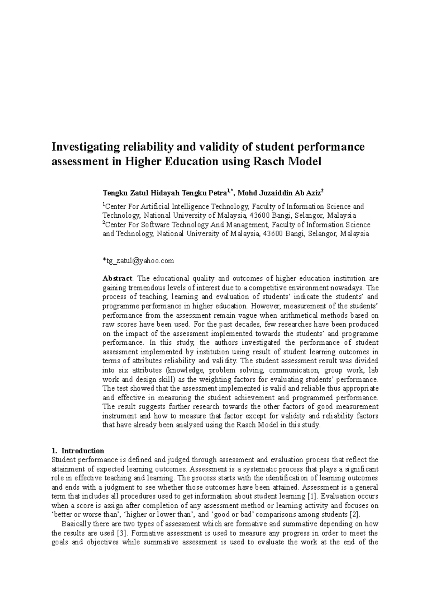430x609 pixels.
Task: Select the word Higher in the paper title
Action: (x=143, y=162)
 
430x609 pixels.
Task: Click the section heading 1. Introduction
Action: (x=78, y=451)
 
